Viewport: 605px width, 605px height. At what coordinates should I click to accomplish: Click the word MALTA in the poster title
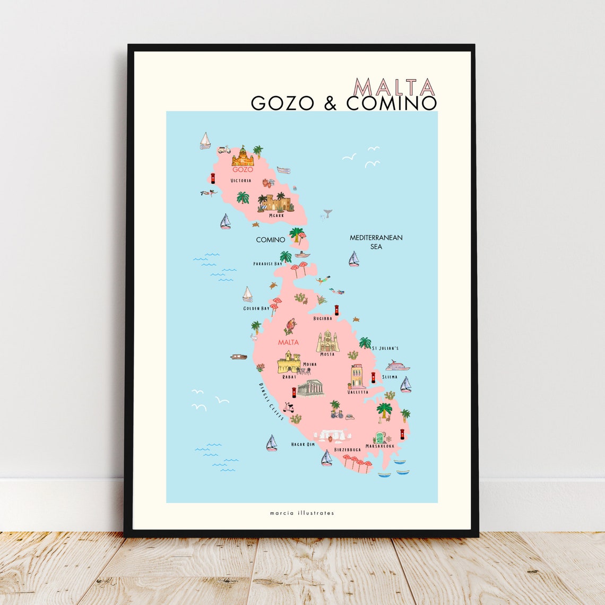(x=394, y=88)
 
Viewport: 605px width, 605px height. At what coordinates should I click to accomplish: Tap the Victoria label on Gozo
(x=241, y=180)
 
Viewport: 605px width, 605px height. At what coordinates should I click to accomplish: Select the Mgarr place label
(x=276, y=215)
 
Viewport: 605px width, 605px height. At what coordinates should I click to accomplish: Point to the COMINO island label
(x=271, y=240)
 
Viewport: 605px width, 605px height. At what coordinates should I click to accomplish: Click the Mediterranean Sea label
(x=376, y=242)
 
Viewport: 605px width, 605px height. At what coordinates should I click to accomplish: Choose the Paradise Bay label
(x=267, y=264)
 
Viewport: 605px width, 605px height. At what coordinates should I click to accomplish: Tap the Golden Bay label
(x=256, y=308)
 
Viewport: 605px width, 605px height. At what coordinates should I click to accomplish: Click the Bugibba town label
(x=323, y=318)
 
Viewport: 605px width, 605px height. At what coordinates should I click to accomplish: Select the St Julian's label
(x=385, y=348)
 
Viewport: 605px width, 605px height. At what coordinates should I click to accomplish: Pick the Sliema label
(x=389, y=377)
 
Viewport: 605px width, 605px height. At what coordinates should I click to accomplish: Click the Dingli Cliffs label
(x=271, y=401)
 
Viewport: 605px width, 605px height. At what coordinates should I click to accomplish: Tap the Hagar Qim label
(x=303, y=444)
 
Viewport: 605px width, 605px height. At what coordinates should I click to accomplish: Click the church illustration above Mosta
(x=327, y=342)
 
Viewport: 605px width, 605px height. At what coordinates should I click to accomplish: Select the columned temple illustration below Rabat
(x=310, y=388)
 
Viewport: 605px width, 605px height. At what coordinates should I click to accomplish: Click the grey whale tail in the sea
(x=327, y=213)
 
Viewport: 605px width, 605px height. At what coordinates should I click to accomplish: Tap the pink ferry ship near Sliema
(x=397, y=366)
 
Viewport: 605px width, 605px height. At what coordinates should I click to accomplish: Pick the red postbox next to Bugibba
(x=336, y=309)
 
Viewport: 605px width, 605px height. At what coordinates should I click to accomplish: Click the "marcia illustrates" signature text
(x=301, y=513)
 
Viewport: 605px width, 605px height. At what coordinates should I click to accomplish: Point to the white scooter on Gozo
(x=223, y=150)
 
